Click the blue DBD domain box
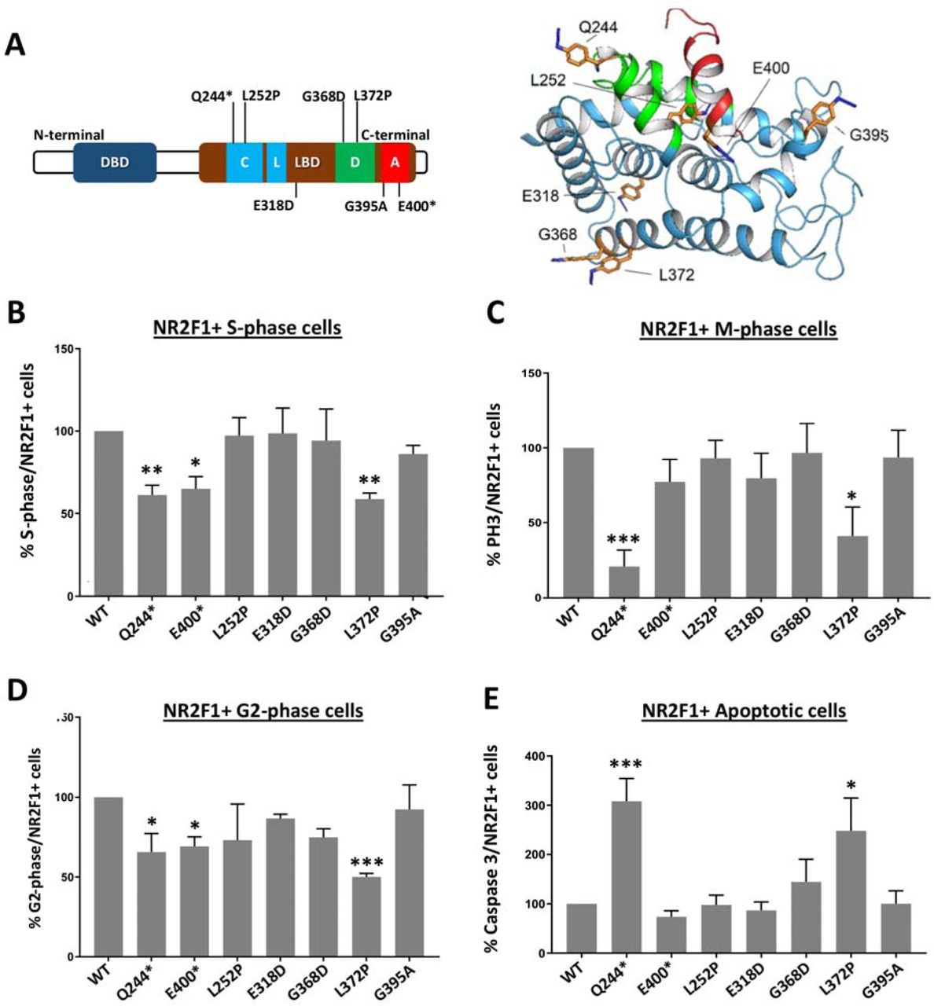tap(115, 163)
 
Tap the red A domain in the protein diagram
tap(395, 162)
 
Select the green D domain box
tap(355, 162)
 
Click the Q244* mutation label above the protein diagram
tap(212, 96)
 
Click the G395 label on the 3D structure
tap(868, 134)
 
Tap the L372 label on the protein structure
tap(676, 274)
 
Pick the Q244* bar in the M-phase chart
tap(623, 582)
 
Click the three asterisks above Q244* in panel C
tap(623, 539)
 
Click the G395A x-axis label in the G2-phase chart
tap(407, 982)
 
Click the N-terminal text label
tap(69, 135)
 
